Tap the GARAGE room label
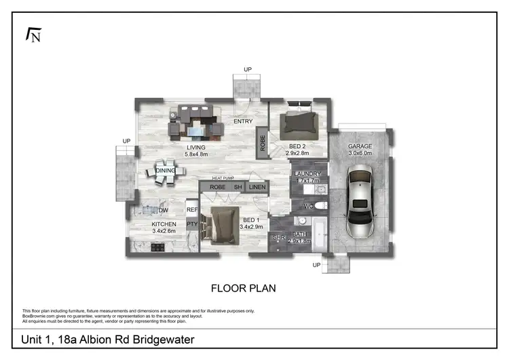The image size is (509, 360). [x=360, y=146]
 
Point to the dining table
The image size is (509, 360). [x=166, y=171]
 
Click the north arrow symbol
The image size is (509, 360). [x=33, y=35]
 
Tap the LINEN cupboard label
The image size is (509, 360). [x=257, y=187]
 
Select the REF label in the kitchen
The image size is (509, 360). [x=192, y=211]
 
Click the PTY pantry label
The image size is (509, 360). [x=192, y=224]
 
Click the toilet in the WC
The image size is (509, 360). [x=318, y=205]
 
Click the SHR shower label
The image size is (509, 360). [x=278, y=237]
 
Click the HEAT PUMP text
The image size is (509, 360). [x=210, y=179]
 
